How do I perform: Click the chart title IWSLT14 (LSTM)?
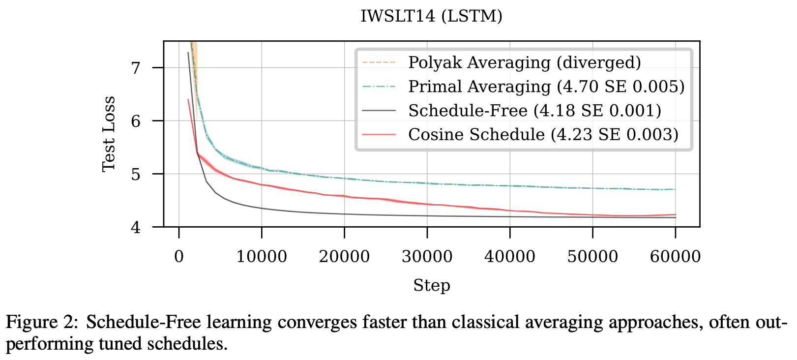[x=431, y=16]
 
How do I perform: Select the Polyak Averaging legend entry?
[x=524, y=63]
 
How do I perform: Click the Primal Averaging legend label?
[x=546, y=87]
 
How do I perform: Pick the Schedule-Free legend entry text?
[x=534, y=111]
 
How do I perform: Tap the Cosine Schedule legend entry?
[x=543, y=134]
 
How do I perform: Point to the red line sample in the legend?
[x=379, y=134]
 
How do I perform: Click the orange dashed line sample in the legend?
[x=379, y=63]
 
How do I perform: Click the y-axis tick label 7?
[x=136, y=67]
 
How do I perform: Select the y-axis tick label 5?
[x=136, y=174]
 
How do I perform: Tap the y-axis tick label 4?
[x=136, y=227]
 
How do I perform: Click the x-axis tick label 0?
[x=179, y=257]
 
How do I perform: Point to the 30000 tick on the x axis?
[x=427, y=257]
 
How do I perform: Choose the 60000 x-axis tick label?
[x=675, y=257]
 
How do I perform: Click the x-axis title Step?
[x=431, y=286]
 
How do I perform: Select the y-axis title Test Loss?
[x=109, y=134]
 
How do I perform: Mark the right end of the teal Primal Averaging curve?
[x=675, y=189]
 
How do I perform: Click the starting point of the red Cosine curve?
[x=188, y=100]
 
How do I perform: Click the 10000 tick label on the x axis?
[x=262, y=257]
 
